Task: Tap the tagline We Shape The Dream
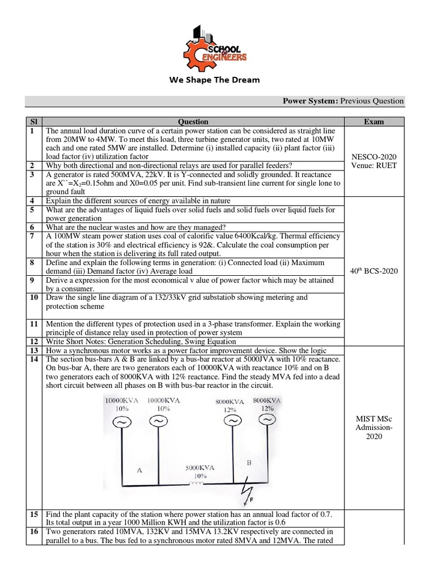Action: point(214,80)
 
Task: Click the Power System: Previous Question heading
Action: point(343,101)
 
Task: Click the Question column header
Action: point(193,122)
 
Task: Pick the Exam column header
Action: point(373,122)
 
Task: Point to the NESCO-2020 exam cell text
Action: point(373,157)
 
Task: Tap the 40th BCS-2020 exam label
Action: point(373,271)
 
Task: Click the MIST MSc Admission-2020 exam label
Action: point(373,427)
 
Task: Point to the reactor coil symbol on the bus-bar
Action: point(197,485)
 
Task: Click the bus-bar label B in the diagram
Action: point(249,463)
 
